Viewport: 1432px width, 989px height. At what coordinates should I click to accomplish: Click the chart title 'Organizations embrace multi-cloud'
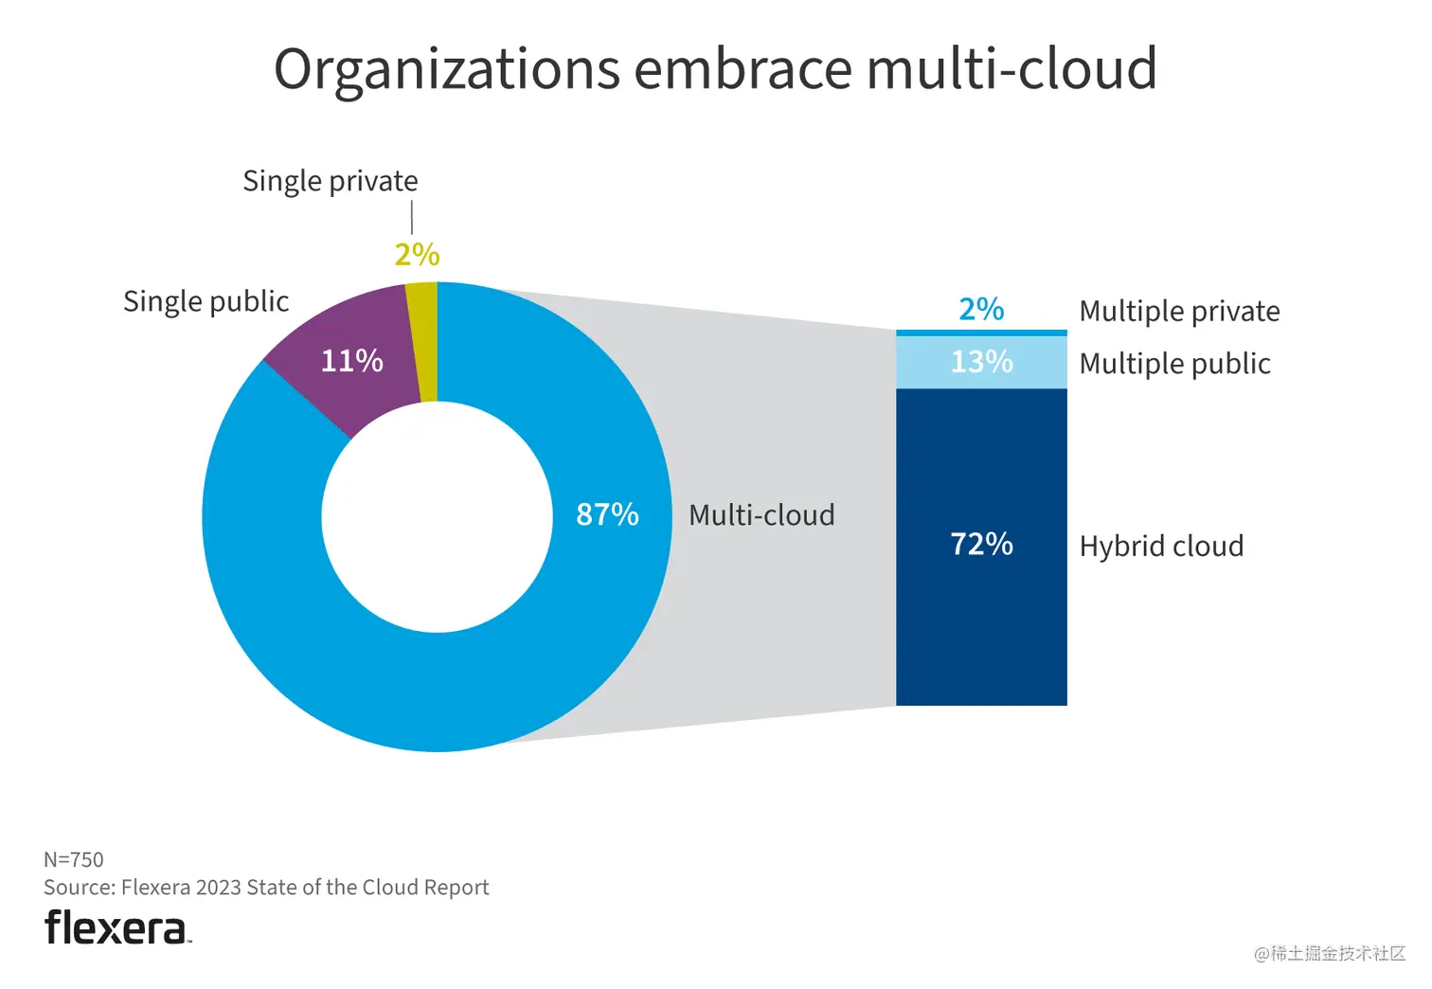(x=715, y=68)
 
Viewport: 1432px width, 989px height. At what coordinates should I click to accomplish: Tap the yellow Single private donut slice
(x=423, y=342)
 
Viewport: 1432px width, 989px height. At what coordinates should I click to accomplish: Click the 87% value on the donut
(x=607, y=514)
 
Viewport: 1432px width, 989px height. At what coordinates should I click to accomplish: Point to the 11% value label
(x=351, y=361)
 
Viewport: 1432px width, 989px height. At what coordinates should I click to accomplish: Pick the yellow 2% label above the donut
(x=417, y=255)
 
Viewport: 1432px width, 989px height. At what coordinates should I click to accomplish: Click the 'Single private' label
(x=330, y=181)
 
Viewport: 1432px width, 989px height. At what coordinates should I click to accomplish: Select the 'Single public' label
(x=206, y=301)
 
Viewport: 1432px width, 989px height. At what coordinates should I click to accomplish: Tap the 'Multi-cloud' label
(x=761, y=515)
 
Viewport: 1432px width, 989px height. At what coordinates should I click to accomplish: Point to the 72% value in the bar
(x=981, y=544)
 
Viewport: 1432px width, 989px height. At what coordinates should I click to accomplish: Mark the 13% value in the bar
(x=981, y=362)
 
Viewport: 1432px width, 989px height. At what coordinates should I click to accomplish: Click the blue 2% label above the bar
(x=981, y=309)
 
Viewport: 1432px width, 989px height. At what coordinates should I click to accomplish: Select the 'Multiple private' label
(x=1179, y=312)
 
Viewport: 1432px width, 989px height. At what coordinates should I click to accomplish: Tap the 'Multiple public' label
(x=1174, y=364)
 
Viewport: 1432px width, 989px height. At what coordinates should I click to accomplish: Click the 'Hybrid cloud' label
(x=1161, y=547)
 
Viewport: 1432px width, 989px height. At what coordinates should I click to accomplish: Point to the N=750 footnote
(x=74, y=859)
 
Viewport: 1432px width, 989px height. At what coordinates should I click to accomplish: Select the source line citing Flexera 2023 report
(x=266, y=888)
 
